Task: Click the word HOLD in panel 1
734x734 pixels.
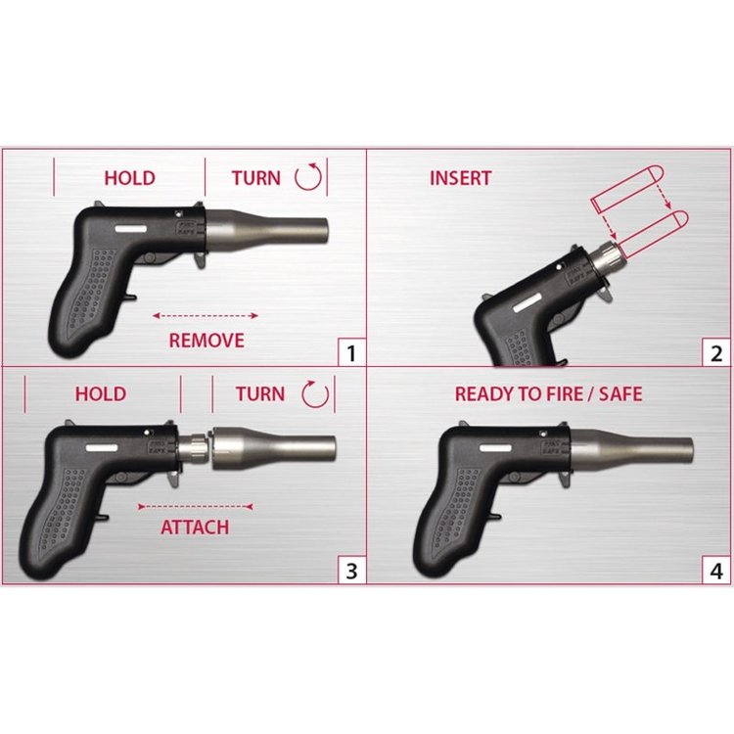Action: pyautogui.click(x=129, y=178)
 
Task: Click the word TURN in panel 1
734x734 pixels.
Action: pyautogui.click(x=256, y=178)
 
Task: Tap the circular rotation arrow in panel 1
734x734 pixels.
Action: pyautogui.click(x=308, y=176)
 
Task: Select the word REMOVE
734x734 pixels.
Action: pyautogui.click(x=206, y=341)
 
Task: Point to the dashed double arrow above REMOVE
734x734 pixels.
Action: pyautogui.click(x=206, y=316)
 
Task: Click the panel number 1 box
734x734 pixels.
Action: pyautogui.click(x=351, y=352)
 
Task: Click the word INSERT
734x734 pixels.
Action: pyautogui.click(x=461, y=178)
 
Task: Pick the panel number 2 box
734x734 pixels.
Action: pyautogui.click(x=715, y=352)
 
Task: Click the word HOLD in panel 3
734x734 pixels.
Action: pyautogui.click(x=101, y=394)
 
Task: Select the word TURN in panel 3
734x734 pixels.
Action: pyautogui.click(x=259, y=394)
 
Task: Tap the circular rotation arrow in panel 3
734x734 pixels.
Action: pyautogui.click(x=315, y=394)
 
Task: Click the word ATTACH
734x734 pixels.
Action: pyautogui.click(x=195, y=528)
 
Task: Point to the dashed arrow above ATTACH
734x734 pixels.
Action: pyautogui.click(x=196, y=507)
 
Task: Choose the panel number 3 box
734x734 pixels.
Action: pyautogui.click(x=351, y=571)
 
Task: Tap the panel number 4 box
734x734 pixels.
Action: pyautogui.click(x=715, y=571)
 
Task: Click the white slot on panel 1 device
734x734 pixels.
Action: pyautogui.click(x=131, y=229)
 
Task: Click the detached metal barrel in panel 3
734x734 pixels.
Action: pyautogui.click(x=274, y=448)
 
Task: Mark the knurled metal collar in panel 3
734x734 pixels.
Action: pyautogui.click(x=193, y=448)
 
